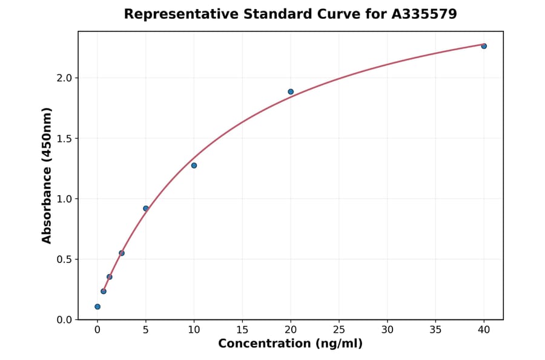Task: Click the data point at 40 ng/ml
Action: (484, 46)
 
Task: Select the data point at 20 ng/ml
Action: (291, 92)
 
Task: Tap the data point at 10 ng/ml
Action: (194, 165)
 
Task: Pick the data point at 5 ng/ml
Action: (146, 208)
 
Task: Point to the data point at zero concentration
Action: (97, 307)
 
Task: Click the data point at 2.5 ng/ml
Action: (122, 253)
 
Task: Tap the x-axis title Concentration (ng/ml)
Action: (290, 344)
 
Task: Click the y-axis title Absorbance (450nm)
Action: (47, 175)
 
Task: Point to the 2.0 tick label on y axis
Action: (64, 78)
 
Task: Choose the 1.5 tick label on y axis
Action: (64, 139)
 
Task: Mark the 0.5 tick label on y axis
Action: (64, 259)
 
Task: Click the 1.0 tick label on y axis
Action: (64, 199)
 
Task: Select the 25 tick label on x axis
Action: (339, 330)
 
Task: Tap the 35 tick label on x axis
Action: (435, 330)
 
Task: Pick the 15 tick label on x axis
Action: (242, 330)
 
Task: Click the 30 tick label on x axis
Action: (388, 330)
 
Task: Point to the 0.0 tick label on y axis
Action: (64, 320)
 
